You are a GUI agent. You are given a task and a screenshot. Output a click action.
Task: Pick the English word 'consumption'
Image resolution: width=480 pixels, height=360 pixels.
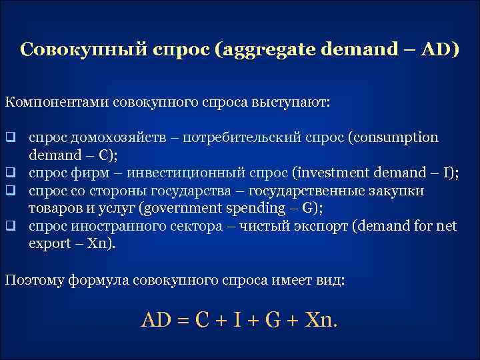click(397, 138)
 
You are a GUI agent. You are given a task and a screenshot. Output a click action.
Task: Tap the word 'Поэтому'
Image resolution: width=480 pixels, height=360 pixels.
click(33, 279)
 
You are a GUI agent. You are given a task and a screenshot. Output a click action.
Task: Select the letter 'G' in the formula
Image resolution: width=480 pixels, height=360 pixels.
click(271, 320)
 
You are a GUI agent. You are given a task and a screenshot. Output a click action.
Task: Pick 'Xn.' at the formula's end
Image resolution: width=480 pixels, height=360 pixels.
click(321, 320)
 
